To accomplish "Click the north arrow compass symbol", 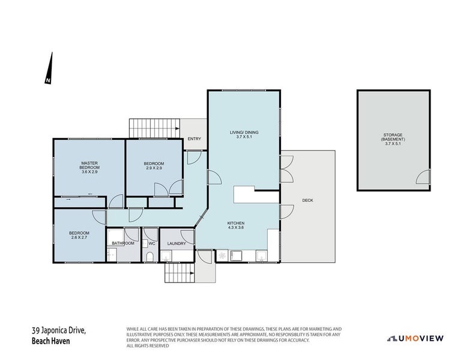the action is tap(49, 68).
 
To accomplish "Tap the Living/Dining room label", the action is tap(244, 134).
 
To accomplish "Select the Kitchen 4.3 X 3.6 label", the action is tap(235, 225).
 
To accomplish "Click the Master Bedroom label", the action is tap(89, 167).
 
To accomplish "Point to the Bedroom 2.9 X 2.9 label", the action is tap(154, 166).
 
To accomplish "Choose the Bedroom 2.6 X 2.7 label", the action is tap(79, 235).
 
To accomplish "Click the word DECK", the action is tap(307, 200).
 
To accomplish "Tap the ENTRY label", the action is tap(194, 139).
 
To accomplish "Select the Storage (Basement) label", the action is tap(393, 139).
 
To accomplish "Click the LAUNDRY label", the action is tap(177, 244).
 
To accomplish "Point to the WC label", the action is tap(152, 244).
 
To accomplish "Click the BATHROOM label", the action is tap(123, 243).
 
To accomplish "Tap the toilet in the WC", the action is tap(150, 257).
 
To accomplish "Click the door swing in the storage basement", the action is tap(423, 176).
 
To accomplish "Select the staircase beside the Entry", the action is tap(154, 128).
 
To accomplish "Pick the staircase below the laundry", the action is tap(180, 272).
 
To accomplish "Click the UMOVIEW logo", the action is tap(416, 338).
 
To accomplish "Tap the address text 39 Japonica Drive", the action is tap(59, 331).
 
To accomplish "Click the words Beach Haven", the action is tap(50, 341).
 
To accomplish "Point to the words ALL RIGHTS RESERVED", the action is tap(148, 346).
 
